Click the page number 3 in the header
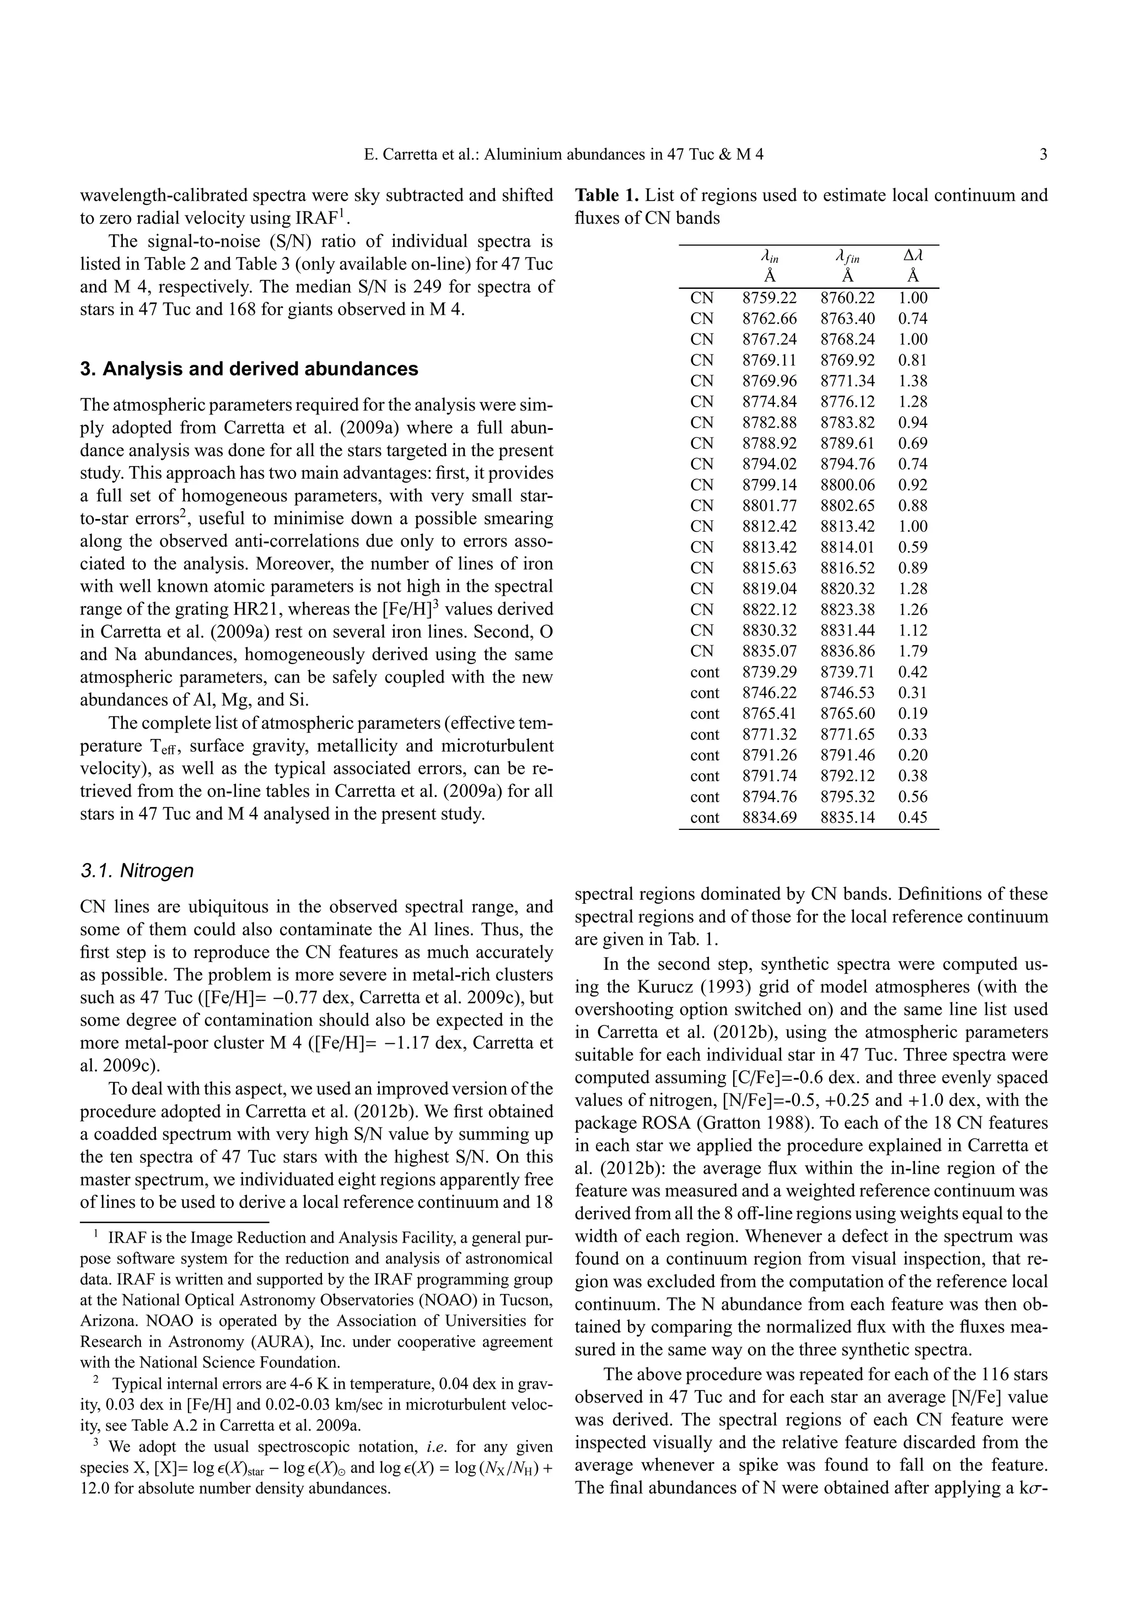click(x=1043, y=154)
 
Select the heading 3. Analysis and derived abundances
click(x=249, y=369)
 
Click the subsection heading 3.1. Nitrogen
click(x=137, y=871)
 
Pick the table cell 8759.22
click(x=770, y=298)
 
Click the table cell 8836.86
click(x=847, y=651)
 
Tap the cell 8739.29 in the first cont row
click(x=770, y=672)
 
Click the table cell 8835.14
click(x=847, y=818)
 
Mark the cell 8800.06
click(x=847, y=485)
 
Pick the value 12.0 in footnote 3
click(x=96, y=1488)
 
